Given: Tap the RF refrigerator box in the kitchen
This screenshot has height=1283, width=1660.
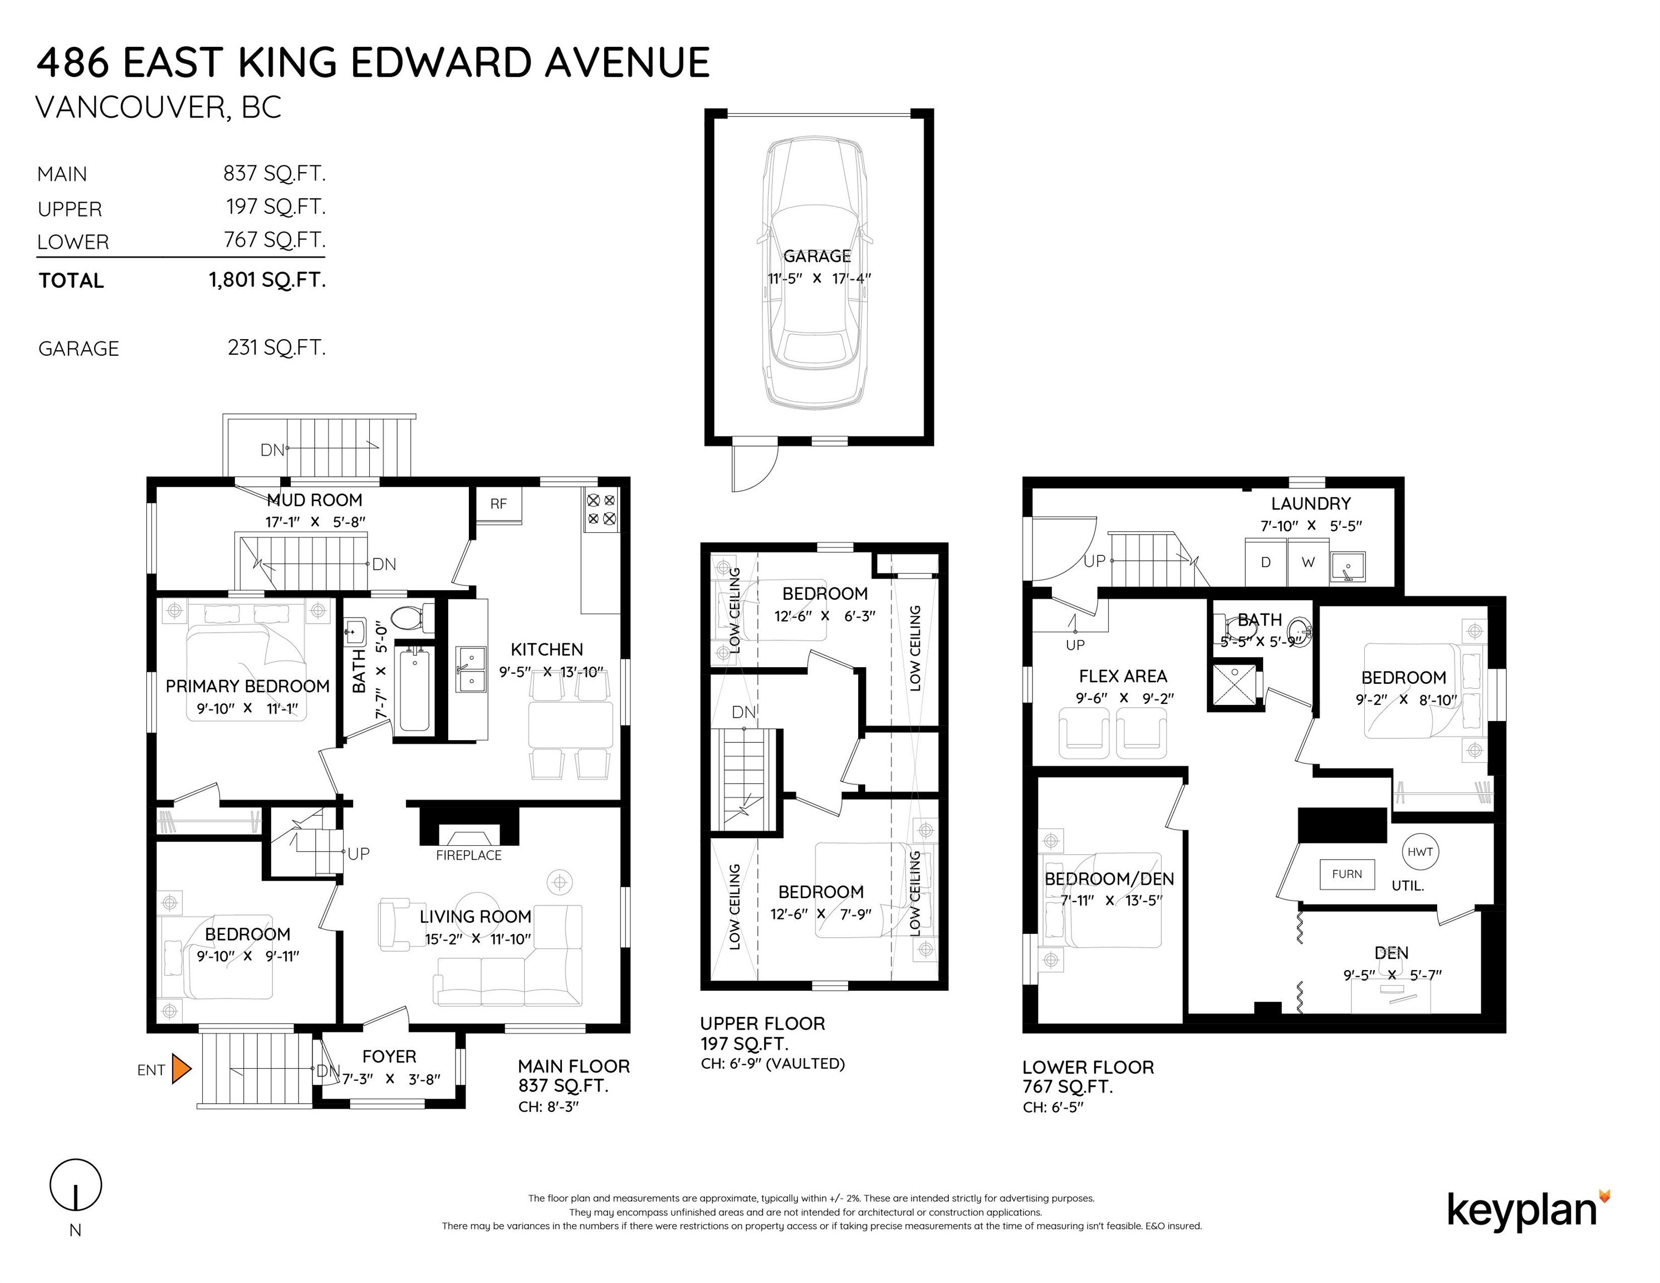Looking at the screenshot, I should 498,504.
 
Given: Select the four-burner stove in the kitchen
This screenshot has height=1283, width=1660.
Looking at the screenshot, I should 600,510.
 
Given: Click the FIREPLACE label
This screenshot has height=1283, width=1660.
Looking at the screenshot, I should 468,855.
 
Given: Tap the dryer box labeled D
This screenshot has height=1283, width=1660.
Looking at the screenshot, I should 1266,562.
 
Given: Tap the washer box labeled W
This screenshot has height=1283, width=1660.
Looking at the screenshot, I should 1308,562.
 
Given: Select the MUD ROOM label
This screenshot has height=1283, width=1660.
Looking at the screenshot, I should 314,500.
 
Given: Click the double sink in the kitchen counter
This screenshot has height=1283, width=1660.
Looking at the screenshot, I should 471,670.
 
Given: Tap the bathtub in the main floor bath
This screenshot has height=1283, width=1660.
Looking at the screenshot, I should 414,689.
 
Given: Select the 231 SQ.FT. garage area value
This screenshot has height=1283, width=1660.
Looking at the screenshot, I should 276,347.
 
